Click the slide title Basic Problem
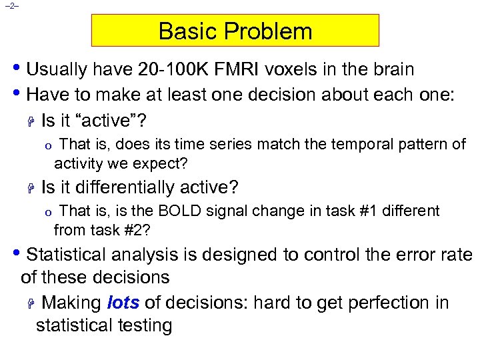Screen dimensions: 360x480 pos(235,31)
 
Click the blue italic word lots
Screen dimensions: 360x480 pos(123,303)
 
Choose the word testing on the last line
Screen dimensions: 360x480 pos(141,325)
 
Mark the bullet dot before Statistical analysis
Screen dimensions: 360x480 pos(18,254)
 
